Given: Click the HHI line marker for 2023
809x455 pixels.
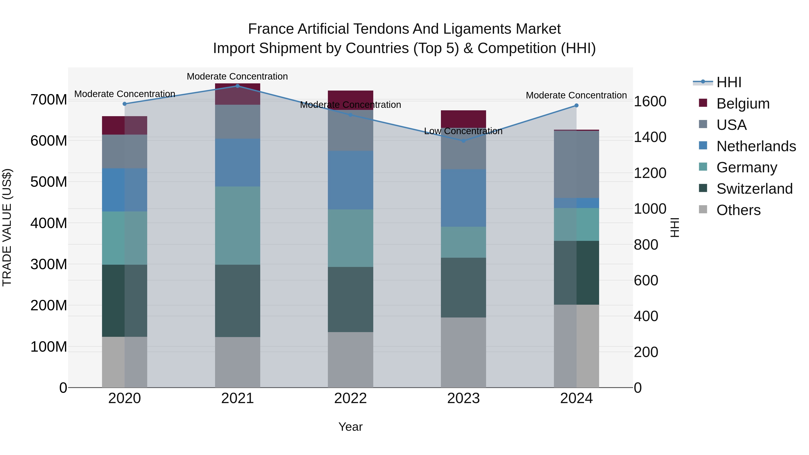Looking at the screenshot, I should [x=463, y=141].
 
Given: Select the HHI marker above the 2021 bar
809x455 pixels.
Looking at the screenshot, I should [x=238, y=86].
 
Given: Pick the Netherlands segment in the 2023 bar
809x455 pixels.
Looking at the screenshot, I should [x=463, y=198].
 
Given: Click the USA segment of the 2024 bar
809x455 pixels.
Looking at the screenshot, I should [x=576, y=164].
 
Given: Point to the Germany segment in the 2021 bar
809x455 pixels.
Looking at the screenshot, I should [x=238, y=225].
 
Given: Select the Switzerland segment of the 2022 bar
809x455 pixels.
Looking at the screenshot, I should [x=351, y=299].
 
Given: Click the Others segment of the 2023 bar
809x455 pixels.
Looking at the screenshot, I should [x=463, y=352].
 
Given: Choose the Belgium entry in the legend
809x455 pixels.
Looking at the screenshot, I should [x=743, y=104].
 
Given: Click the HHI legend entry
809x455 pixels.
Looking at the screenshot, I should [x=729, y=82].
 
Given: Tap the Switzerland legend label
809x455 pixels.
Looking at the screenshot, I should [x=754, y=189].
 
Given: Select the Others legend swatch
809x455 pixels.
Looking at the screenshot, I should [x=703, y=209].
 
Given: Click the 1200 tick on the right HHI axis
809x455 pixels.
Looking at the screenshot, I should [x=650, y=173].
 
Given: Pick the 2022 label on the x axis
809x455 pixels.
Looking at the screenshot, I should [x=351, y=398].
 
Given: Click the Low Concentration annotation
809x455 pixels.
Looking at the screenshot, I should [x=463, y=131].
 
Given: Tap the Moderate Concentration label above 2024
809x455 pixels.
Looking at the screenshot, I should [x=576, y=95].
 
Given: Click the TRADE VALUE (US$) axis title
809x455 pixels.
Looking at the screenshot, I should [x=7, y=227].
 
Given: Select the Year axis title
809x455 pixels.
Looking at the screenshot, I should [x=351, y=427].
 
